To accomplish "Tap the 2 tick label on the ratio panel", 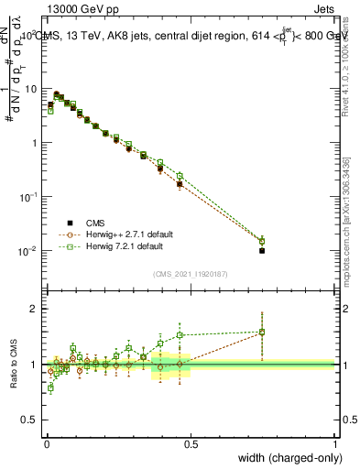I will (36, 309).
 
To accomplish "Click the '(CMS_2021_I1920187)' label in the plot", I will (190, 272).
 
